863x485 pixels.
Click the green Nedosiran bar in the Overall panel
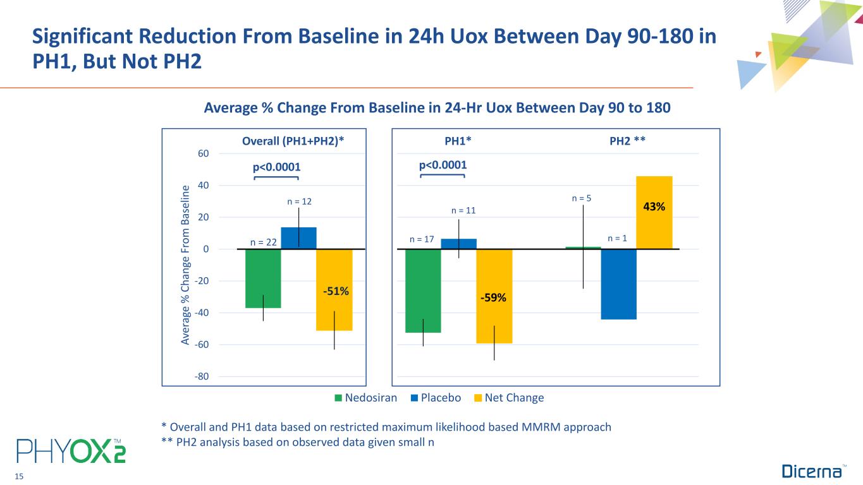(263, 278)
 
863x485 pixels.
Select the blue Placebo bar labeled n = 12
(298, 238)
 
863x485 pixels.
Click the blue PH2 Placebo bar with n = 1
(618, 284)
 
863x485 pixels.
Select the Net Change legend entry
(509, 398)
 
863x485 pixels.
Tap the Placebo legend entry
(436, 398)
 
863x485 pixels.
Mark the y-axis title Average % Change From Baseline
(186, 265)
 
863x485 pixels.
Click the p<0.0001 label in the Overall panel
(276, 167)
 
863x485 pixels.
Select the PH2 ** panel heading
(627, 140)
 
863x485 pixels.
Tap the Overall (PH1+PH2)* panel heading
(293, 140)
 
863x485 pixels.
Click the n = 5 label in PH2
(582, 198)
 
